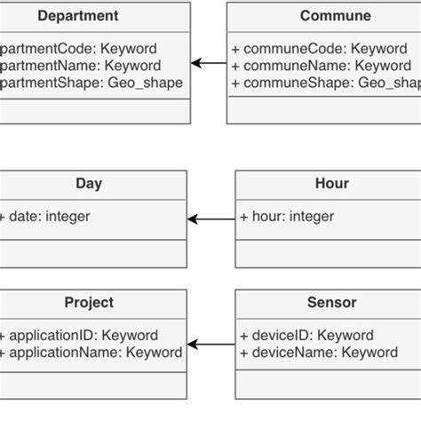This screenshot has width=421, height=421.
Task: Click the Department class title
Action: click(x=78, y=16)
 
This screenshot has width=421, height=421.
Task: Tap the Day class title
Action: click(x=89, y=184)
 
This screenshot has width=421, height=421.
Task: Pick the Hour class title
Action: click(x=332, y=184)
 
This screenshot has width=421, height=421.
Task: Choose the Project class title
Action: click(x=89, y=303)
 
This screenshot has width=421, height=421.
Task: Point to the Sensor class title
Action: click(x=331, y=303)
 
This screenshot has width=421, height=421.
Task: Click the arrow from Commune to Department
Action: click(x=209, y=63)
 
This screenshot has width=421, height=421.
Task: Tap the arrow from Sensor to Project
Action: click(x=210, y=345)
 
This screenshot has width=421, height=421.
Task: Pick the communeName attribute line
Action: click(x=322, y=65)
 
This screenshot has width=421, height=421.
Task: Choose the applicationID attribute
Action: click(x=80, y=336)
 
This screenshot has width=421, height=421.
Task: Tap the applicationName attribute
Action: click(x=91, y=353)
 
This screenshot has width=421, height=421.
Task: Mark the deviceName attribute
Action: click(x=319, y=353)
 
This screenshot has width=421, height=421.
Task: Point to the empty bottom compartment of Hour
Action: click(x=327, y=254)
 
